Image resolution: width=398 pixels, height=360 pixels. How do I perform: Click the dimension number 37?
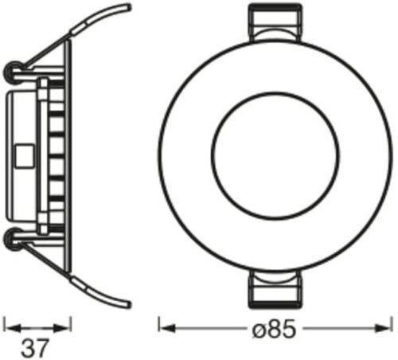[x=35, y=348]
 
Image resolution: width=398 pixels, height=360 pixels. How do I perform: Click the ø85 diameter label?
[x=274, y=329]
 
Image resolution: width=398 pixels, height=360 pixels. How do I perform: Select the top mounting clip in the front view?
[x=275, y=22]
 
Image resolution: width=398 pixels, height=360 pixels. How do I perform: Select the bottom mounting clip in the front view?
[x=275, y=289]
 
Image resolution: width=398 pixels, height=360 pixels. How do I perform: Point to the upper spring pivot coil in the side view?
[x=13, y=71]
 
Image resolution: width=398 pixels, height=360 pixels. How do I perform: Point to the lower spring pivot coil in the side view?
[x=13, y=240]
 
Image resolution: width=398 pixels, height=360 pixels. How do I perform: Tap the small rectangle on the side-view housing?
[x=25, y=156]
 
